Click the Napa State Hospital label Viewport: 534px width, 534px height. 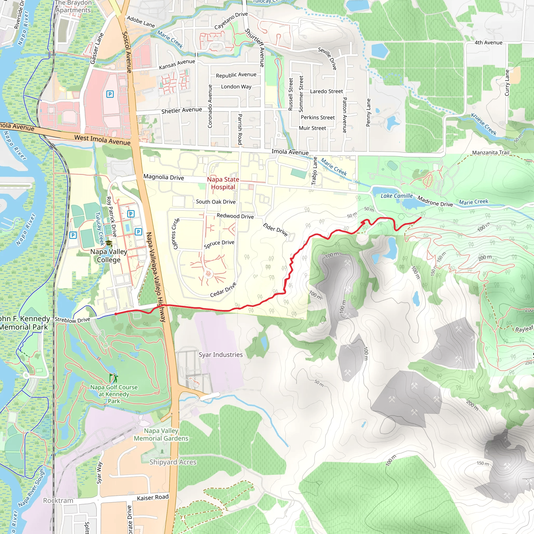point(223,183)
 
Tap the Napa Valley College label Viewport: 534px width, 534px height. point(109,256)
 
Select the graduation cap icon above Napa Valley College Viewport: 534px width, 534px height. point(109,243)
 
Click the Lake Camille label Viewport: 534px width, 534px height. point(396,196)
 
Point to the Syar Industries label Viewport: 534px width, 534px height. point(221,355)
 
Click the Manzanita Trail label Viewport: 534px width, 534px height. point(490,153)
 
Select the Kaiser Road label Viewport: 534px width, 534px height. point(153,497)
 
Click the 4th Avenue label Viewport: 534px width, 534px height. point(488,43)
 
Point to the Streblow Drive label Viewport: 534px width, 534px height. point(72,320)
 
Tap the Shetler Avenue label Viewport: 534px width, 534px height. point(181,110)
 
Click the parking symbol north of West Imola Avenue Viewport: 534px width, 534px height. point(110,94)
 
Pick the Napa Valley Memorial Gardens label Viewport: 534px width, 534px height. point(161,434)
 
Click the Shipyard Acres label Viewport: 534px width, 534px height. point(173,462)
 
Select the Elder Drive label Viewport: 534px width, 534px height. point(275,229)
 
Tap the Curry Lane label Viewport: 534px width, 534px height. point(507,83)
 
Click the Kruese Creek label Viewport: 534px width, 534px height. point(484,124)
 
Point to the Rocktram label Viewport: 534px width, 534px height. point(58,501)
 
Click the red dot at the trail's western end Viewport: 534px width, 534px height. point(116,314)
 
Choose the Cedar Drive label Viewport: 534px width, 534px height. point(223,290)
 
